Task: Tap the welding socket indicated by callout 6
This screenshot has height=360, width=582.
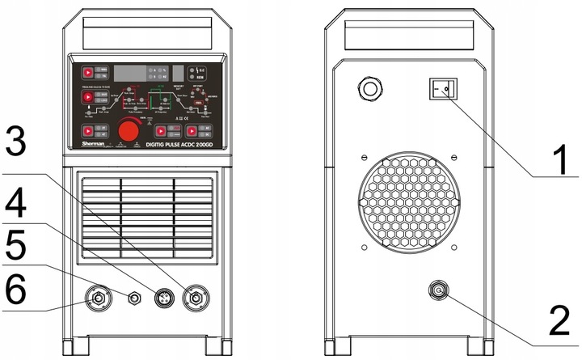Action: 99,299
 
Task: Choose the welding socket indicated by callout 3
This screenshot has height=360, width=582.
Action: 194,299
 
